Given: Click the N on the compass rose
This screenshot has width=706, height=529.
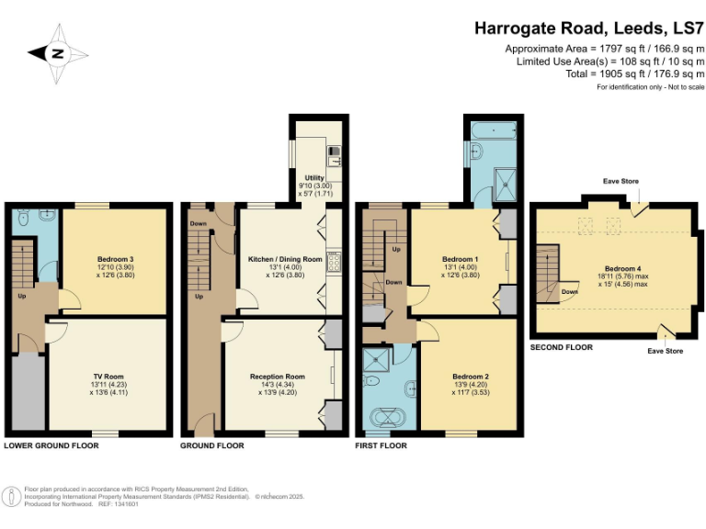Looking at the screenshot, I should [57, 53].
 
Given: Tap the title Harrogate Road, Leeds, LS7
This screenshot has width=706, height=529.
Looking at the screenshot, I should [589, 28].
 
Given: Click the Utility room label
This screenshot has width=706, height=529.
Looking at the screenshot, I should [315, 174].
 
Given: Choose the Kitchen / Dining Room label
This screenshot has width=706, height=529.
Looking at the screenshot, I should [285, 260].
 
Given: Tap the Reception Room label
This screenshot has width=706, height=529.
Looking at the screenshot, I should [277, 377].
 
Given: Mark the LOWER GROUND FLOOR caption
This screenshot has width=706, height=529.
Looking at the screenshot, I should [51, 445].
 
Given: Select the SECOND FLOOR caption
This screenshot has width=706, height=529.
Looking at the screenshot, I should [561, 347].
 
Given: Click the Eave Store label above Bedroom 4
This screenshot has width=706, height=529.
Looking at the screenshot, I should [621, 182].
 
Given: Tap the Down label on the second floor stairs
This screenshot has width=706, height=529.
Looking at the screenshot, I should [569, 291].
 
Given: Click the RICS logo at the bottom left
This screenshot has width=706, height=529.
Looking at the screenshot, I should [12, 497].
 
